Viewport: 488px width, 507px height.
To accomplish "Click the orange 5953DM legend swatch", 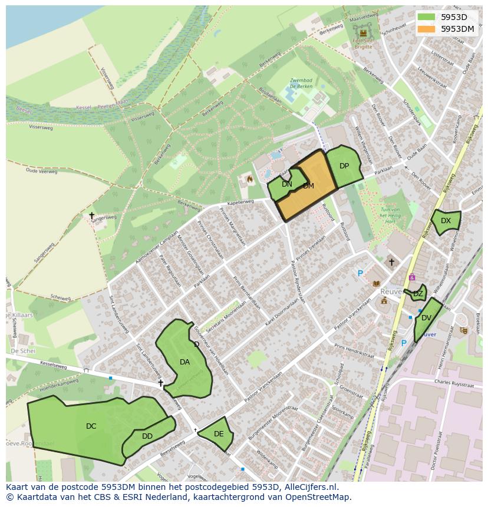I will coord(426,29).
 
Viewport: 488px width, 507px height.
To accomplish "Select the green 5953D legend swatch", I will coord(426,17).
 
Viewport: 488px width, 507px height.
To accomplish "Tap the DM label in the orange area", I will coord(308,186).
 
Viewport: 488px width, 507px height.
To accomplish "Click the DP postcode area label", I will coord(344,166).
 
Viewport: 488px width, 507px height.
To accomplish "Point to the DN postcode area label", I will coord(287,184).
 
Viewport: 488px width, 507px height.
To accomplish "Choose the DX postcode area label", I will coord(446,221).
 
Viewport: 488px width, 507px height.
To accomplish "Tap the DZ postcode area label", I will coord(418,293).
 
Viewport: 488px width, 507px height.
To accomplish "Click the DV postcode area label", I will coord(426,318).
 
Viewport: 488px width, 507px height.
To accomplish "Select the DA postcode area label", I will coord(184,362).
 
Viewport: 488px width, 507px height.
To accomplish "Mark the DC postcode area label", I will coord(91,426).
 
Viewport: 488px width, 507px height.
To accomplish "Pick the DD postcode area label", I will coord(147,436).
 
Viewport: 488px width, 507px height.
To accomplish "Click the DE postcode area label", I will coord(219,434).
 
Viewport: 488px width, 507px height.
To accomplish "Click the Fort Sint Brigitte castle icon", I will coord(363,33).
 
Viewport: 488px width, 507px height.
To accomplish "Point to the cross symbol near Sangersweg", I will coord(91,216).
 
